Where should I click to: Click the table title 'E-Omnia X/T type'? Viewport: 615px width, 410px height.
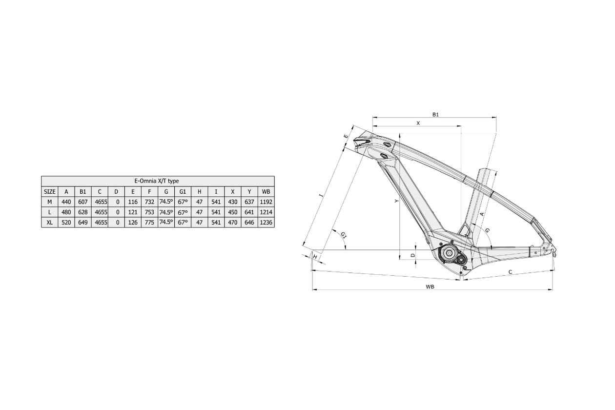point(157,181)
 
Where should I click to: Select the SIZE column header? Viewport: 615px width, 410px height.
point(50,192)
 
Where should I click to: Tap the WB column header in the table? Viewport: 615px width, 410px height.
point(266,192)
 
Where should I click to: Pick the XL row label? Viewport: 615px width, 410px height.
point(50,223)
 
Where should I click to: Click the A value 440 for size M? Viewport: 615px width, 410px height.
point(66,202)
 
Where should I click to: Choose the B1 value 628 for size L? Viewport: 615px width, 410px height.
point(83,212)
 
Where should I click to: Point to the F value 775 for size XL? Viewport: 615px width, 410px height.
point(150,223)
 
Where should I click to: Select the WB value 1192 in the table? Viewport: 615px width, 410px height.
point(266,202)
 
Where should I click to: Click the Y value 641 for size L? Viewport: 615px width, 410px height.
point(249,212)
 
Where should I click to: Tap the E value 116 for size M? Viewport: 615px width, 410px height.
point(133,202)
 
